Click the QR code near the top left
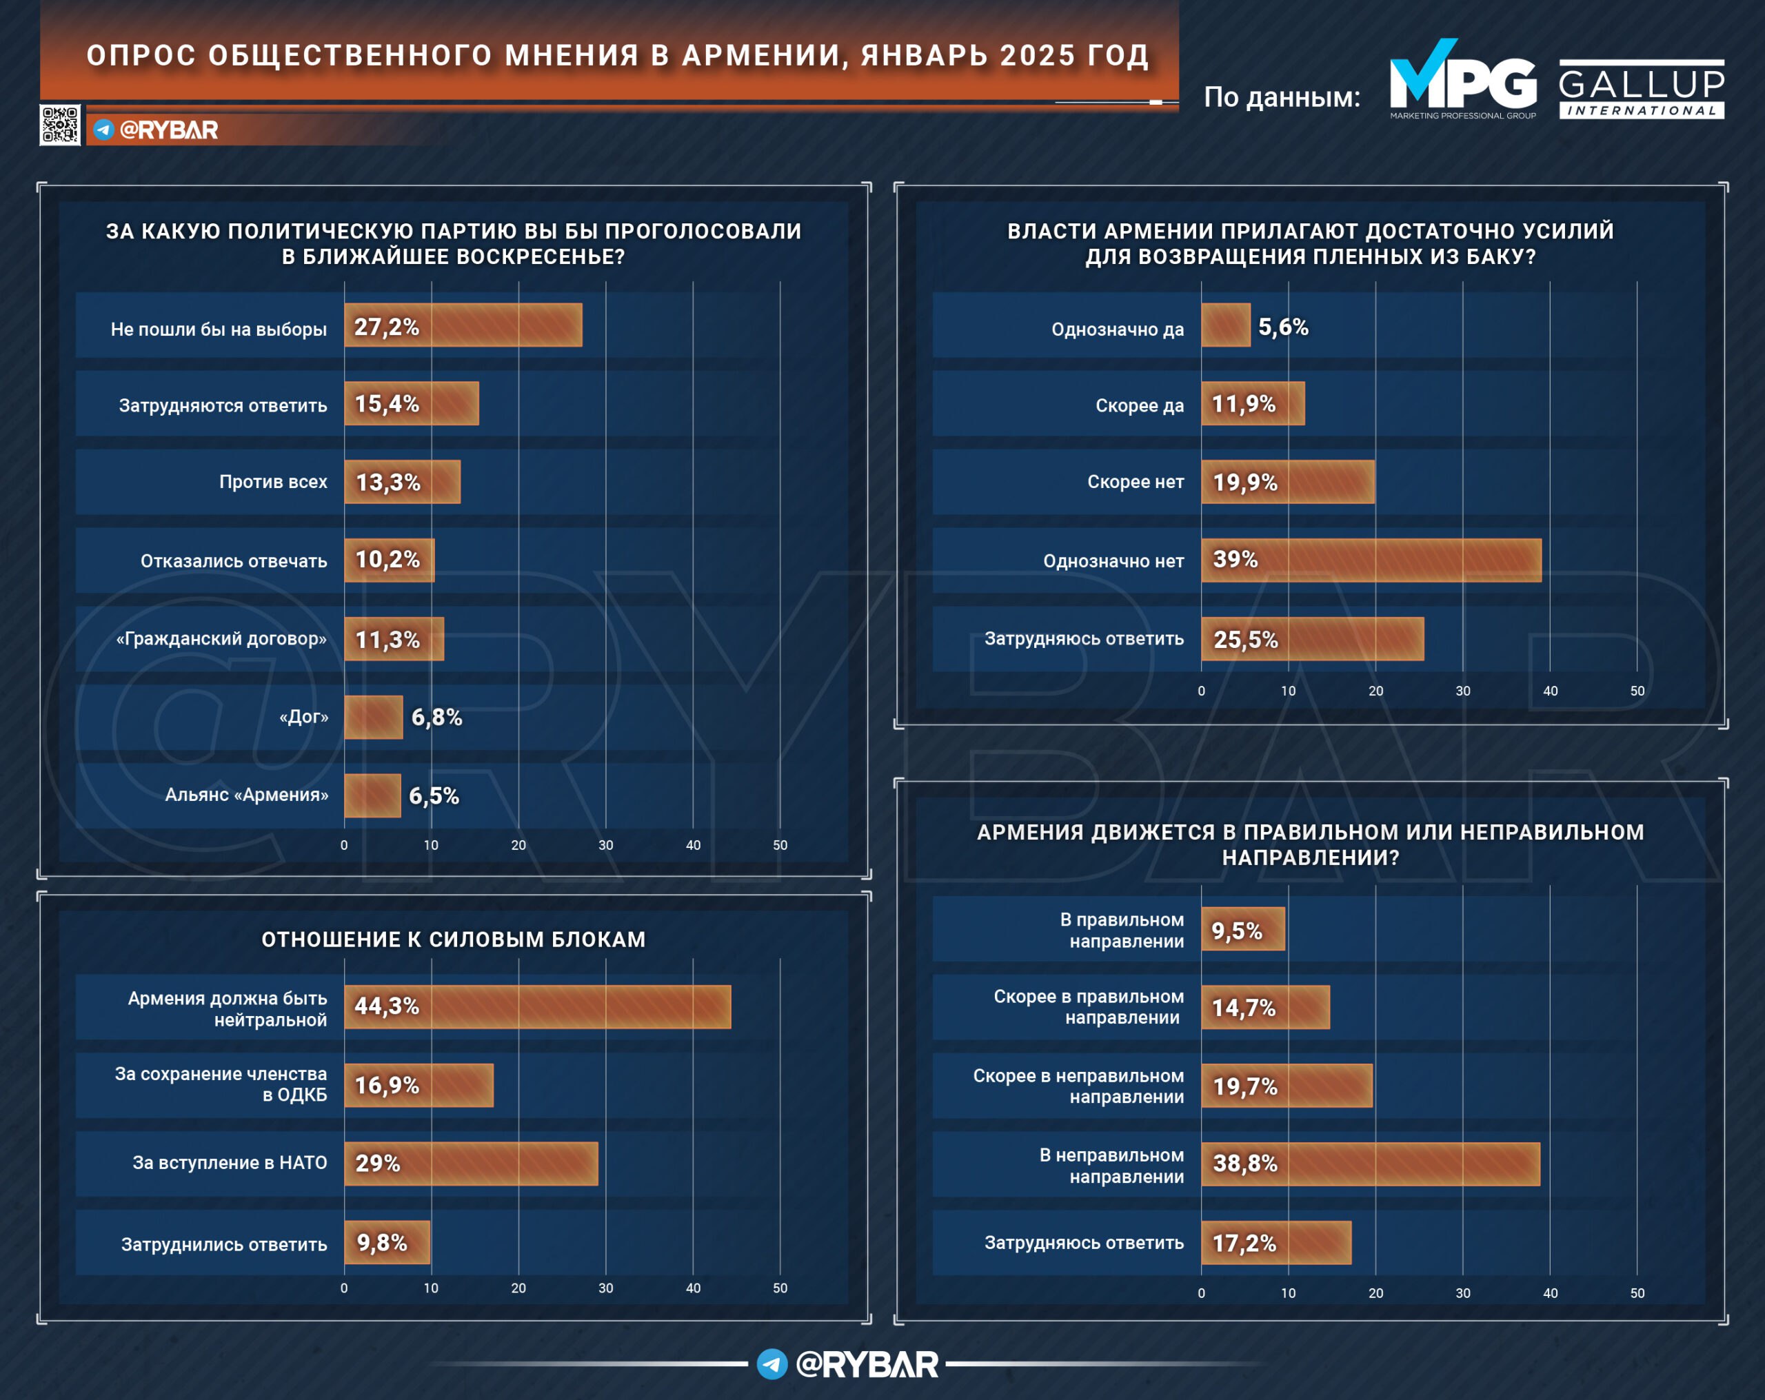(60, 125)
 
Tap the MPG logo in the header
(1463, 79)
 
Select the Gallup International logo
(1642, 88)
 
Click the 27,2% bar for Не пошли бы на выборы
(463, 325)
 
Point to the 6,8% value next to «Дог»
(436, 717)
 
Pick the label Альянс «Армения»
(246, 795)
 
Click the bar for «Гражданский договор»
(394, 638)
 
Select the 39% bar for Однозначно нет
(1371, 560)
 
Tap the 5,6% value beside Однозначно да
(1283, 327)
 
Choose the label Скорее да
(1140, 405)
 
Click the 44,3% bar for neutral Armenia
(538, 1006)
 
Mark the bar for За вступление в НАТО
(472, 1164)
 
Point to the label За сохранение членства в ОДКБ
(221, 1084)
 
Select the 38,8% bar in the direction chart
(1371, 1164)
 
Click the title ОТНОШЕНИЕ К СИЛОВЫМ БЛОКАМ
(454, 939)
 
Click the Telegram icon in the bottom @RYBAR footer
(772, 1364)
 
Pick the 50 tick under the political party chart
(780, 845)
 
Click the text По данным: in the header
(1282, 97)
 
